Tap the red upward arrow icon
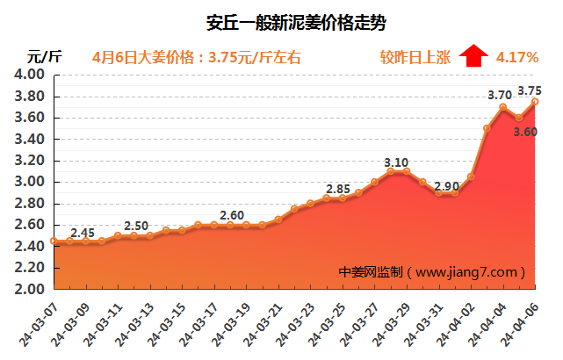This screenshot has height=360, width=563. (x=473, y=57)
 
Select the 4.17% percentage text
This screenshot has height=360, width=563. (x=517, y=58)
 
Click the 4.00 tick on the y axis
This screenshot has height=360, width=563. (x=30, y=75)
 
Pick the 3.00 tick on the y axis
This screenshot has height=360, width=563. (x=30, y=182)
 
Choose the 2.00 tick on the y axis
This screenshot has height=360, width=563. (x=30, y=289)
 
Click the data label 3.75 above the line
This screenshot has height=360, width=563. (x=530, y=90)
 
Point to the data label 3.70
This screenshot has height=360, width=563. (x=499, y=96)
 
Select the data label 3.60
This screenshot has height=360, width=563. (x=525, y=132)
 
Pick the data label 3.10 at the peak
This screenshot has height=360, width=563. (x=397, y=162)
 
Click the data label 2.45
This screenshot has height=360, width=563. (x=83, y=233)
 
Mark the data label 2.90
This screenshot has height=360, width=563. (x=446, y=186)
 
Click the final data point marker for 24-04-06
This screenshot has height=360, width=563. (x=535, y=102)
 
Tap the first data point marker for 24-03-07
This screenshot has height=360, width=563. (x=54, y=241)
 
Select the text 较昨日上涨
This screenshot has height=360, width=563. (x=415, y=58)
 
